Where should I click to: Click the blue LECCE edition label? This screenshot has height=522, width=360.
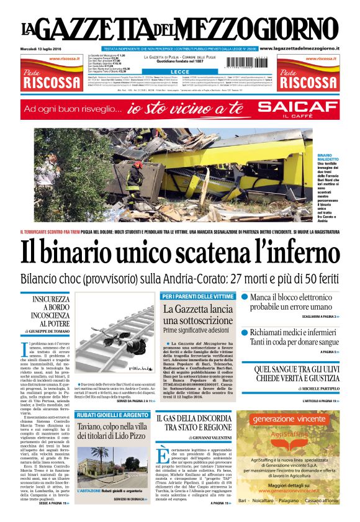(180, 72)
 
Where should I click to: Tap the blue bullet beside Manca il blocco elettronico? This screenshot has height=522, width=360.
(245, 298)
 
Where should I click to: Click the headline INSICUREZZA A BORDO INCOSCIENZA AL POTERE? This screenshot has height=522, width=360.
(52, 311)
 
